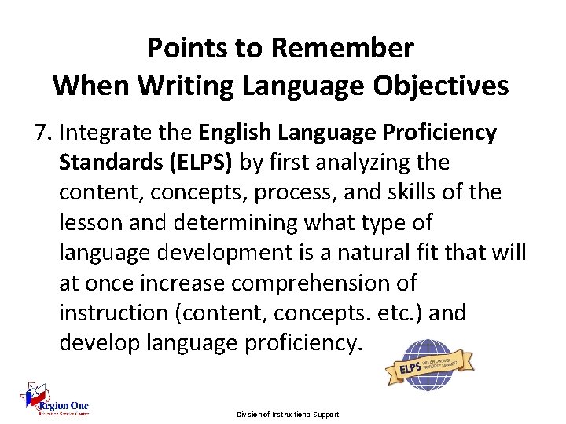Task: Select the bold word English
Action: point(236,133)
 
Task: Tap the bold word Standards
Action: point(107,163)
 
